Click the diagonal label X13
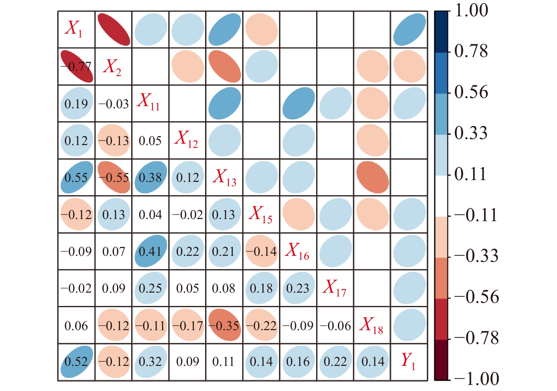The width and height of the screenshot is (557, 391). (224, 177)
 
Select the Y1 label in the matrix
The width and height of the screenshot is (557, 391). (408, 361)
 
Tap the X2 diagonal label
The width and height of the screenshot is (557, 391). (112, 67)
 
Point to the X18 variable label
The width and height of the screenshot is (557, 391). (371, 325)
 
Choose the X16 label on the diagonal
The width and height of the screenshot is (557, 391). (298, 251)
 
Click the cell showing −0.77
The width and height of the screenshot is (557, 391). (76, 67)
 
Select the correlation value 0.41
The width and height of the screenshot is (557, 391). (150, 251)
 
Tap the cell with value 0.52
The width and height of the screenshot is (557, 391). (76, 361)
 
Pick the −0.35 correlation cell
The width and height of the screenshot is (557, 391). (224, 325)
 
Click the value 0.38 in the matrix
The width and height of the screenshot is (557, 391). (150, 177)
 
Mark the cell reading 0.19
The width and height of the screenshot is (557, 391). (76, 104)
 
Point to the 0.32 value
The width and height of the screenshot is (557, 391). (150, 361)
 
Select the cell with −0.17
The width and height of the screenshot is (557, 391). (187, 325)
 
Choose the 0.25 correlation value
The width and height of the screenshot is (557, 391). (150, 288)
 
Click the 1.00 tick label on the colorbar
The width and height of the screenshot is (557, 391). (471, 11)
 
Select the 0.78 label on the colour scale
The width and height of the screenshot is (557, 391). (471, 51)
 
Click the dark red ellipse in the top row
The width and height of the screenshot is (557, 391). (114, 30)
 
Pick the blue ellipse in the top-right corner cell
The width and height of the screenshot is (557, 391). (409, 30)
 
